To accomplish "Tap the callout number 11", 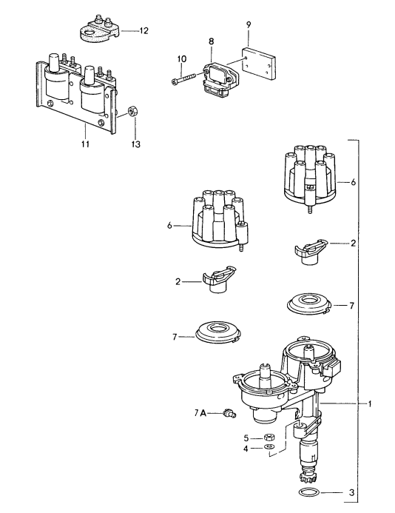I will [x=85, y=144].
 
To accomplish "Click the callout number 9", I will [x=249, y=24].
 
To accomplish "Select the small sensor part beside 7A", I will [x=223, y=416].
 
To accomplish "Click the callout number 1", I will [x=370, y=404].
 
